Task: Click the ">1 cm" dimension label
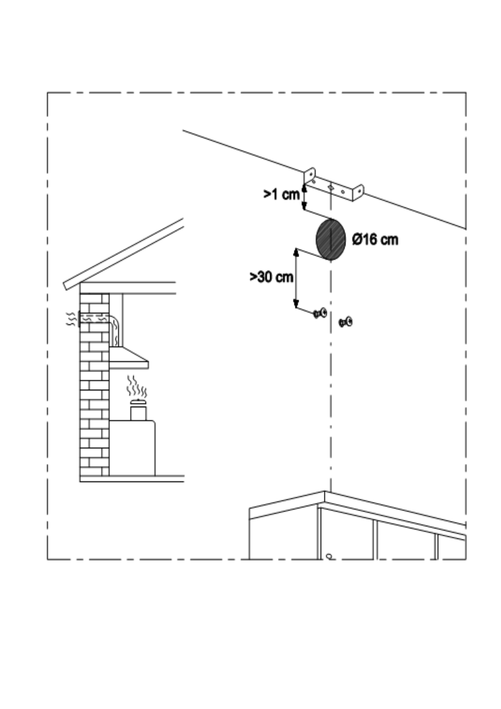pyautogui.click(x=281, y=194)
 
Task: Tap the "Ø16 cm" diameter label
pyautogui.click(x=375, y=240)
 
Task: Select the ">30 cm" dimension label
pyautogui.click(x=271, y=277)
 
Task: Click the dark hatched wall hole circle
pyautogui.click(x=331, y=240)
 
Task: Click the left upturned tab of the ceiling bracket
pyautogui.click(x=310, y=175)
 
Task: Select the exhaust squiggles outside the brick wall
pyautogui.click(x=71, y=319)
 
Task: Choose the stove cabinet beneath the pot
pyautogui.click(x=132, y=448)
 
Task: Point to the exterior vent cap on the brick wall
pyautogui.click(x=78, y=319)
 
